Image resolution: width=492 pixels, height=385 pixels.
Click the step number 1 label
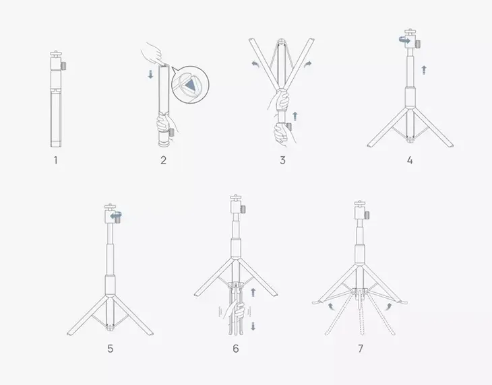tap(56, 160)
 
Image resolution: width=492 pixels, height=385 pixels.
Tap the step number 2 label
tap(163, 160)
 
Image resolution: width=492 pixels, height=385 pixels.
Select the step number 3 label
tap(282, 160)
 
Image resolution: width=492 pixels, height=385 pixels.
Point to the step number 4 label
tap(410, 160)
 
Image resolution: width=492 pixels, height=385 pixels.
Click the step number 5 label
tap(111, 349)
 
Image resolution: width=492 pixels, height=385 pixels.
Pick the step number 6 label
tap(236, 349)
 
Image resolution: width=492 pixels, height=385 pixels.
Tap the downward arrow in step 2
tap(151, 74)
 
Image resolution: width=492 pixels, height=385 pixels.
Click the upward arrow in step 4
tap(424, 69)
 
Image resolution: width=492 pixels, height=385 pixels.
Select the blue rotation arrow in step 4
tap(402, 42)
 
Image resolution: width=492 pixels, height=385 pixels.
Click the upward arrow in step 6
tap(253, 291)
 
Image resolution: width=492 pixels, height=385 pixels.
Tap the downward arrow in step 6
tap(253, 326)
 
